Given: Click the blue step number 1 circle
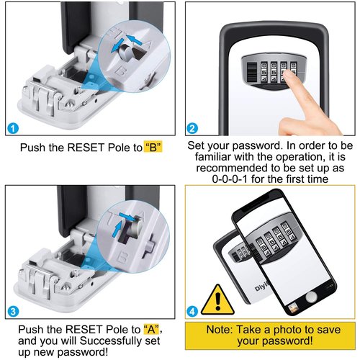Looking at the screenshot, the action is [13, 128].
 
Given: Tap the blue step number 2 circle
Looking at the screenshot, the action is [192, 128].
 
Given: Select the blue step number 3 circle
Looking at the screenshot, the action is [13, 312].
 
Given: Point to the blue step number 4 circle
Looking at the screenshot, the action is [192, 312].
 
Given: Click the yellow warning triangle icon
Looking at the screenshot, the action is [217, 301].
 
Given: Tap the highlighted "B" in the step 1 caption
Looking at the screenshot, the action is [153, 147].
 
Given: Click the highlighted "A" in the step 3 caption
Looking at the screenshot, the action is [151, 329].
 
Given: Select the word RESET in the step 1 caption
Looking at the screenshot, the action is [86, 148].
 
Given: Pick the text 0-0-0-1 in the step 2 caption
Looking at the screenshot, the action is [230, 179].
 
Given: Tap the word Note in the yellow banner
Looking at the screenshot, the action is [219, 330].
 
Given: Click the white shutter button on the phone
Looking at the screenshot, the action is [312, 297].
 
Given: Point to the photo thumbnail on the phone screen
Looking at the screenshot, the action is [293, 308].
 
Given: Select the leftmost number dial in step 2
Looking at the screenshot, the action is [264, 72].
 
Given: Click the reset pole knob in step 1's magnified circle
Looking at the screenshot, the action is [126, 53].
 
